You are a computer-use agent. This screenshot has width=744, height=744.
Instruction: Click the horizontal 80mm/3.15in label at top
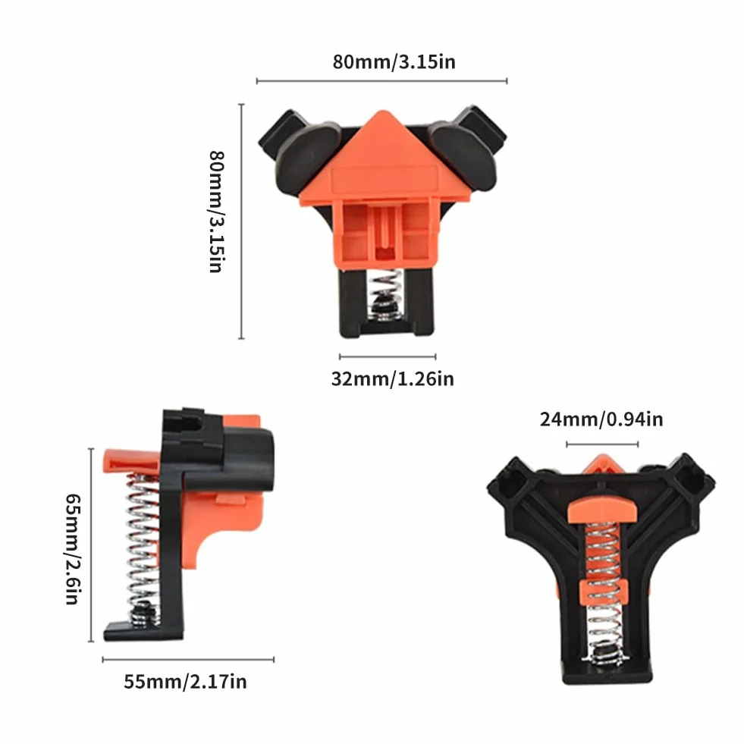click(394, 62)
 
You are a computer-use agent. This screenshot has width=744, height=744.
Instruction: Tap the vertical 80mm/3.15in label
click(216, 212)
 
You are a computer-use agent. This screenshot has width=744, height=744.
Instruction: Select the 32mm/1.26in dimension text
click(392, 378)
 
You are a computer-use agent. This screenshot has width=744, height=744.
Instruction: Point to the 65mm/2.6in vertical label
click(73, 549)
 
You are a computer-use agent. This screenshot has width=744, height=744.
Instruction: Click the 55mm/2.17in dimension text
click(185, 681)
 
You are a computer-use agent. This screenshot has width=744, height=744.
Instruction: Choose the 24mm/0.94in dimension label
click(601, 419)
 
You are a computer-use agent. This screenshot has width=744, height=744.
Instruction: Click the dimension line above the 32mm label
click(388, 356)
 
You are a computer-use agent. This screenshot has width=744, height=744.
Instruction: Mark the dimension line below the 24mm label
click(602, 444)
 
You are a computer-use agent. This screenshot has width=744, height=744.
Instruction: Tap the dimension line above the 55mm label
click(188, 659)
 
